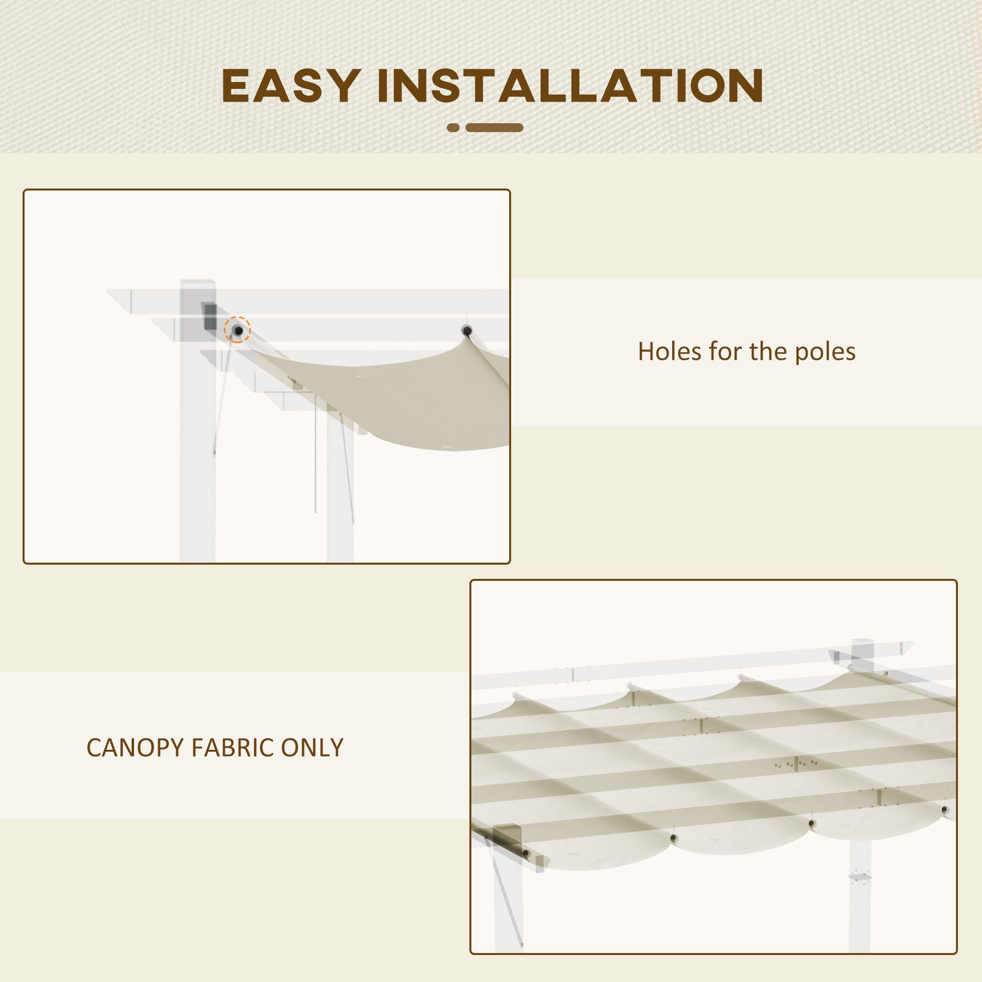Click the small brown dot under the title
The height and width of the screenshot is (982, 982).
pos(453,128)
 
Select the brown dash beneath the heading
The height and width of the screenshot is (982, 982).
pos(494,128)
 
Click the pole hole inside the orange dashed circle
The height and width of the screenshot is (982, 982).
pos(237,331)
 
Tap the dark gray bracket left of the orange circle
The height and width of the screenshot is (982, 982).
pos(209,316)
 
